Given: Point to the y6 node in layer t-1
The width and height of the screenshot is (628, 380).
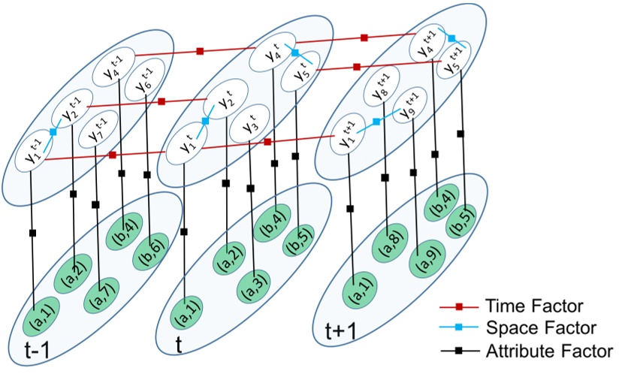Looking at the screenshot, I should coord(142,84).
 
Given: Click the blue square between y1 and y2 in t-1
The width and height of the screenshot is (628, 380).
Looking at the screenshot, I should coord(53,132).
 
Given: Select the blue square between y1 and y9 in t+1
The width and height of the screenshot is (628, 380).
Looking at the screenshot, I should coord(376,121).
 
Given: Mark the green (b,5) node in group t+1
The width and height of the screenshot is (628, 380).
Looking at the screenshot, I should coord(463,223).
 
